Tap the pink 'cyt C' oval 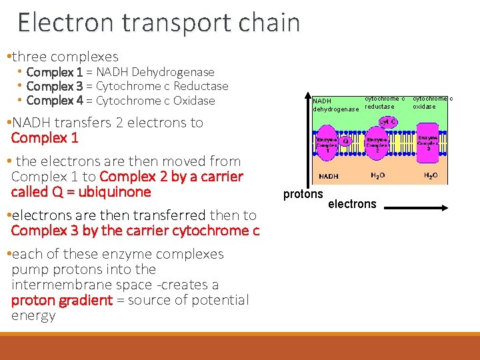(x=387, y=123)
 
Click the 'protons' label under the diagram (x=303, y=195)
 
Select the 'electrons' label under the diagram (x=352, y=204)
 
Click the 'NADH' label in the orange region (x=328, y=177)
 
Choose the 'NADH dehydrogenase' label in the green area (x=335, y=105)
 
